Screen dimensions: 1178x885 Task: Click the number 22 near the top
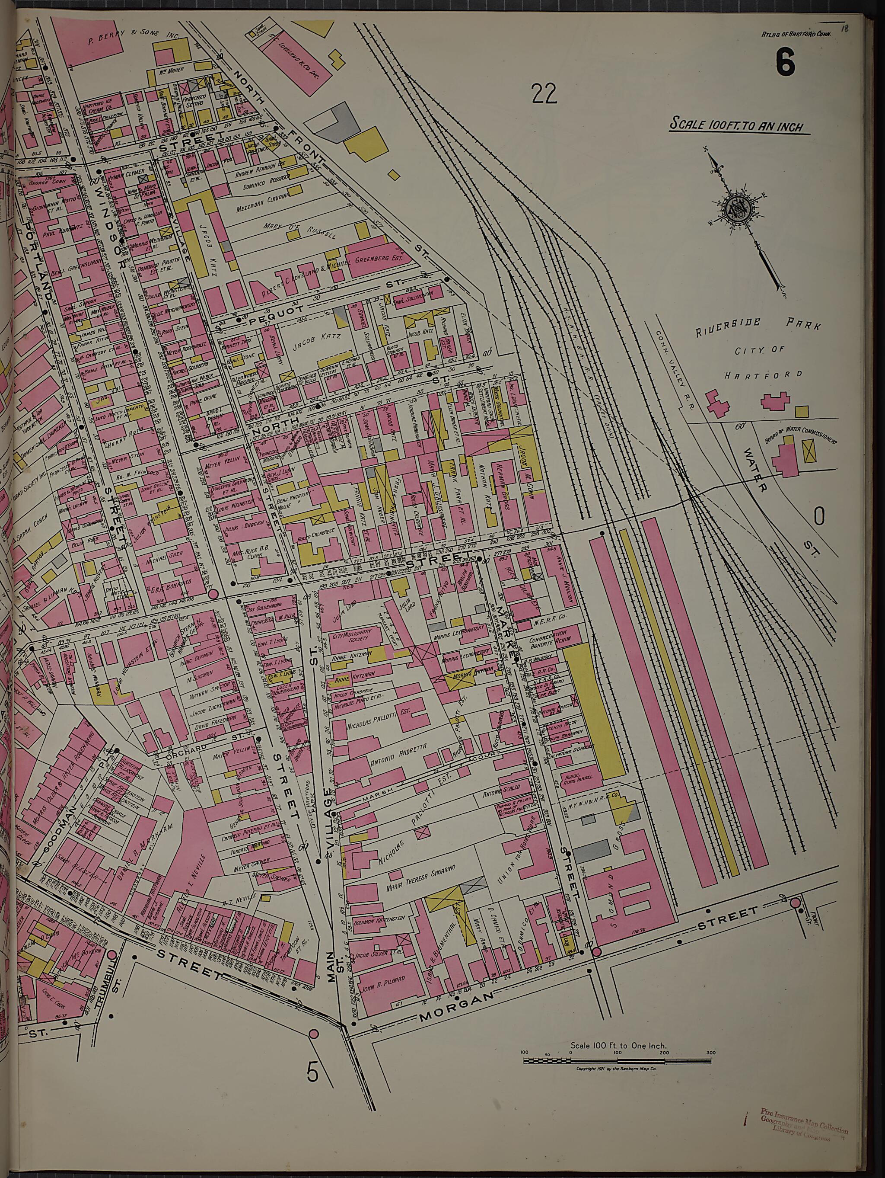tap(543, 94)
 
